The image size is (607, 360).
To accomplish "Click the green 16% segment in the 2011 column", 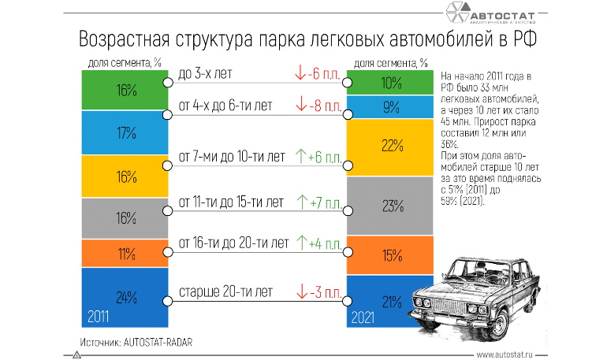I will pyautogui.click(x=125, y=90).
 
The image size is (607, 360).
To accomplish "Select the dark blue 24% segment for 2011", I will pyautogui.click(x=125, y=297).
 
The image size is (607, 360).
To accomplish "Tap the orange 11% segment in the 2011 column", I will pyautogui.click(x=125, y=253).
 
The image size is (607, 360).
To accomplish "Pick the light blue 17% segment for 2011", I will pyautogui.click(x=125, y=132).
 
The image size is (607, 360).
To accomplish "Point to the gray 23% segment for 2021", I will pyautogui.click(x=388, y=206).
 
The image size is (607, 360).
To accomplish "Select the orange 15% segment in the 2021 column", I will pyautogui.click(x=388, y=255).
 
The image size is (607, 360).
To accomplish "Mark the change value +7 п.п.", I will pyautogui.click(x=325, y=202).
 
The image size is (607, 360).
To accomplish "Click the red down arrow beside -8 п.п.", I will pyautogui.click(x=300, y=104).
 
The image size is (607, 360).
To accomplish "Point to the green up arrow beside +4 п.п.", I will pyautogui.click(x=300, y=241).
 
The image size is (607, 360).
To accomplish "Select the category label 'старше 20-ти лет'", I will pyautogui.click(x=225, y=291).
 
